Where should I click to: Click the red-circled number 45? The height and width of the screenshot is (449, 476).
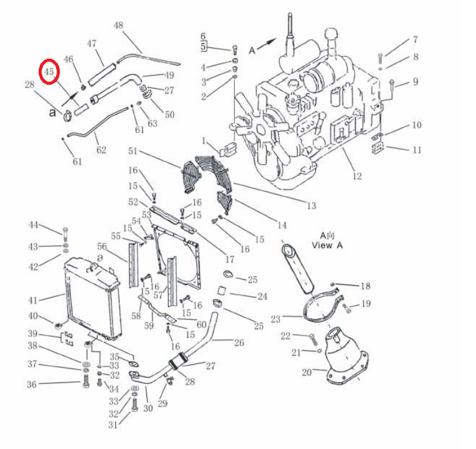pos(49,72)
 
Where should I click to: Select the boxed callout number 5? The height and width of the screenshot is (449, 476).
pos(203,47)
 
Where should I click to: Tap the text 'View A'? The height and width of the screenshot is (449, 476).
pos(327,245)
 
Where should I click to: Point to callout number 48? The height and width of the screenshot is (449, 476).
pos(118,25)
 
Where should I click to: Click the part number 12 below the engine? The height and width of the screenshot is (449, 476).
pos(357,176)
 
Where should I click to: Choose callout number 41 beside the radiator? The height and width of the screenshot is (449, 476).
pos(33,300)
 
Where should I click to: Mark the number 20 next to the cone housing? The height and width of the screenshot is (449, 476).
pos(307,372)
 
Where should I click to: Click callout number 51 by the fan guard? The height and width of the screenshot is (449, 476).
pos(133,151)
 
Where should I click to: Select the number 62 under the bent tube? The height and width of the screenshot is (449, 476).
pos(102,150)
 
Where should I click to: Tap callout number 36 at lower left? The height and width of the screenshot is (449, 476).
pos(32,384)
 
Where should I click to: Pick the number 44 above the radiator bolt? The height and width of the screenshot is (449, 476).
pos(34,224)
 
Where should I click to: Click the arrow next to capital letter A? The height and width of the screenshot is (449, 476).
pos(267,43)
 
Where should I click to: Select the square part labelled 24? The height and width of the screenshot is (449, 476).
pos(222,291)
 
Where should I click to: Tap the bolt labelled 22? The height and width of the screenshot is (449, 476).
pos(313,339)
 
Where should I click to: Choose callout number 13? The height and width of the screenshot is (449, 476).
pos(312,206)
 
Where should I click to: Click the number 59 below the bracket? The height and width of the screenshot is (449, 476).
pos(149,326)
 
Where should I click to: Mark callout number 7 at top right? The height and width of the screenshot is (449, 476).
pos(415,39)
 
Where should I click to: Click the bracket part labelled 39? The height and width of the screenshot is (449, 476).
pos(67,339)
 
